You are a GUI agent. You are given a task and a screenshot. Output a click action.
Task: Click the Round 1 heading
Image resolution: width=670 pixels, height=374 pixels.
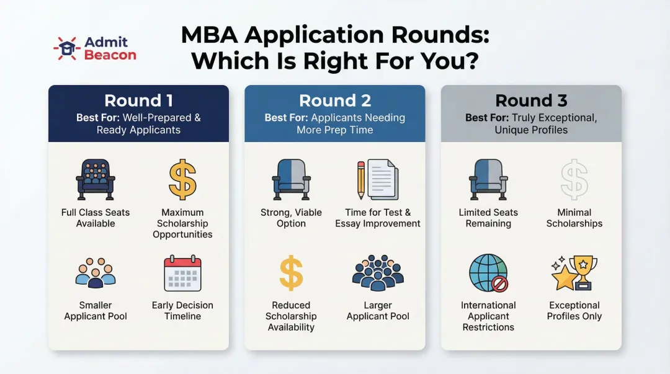pos(138,100)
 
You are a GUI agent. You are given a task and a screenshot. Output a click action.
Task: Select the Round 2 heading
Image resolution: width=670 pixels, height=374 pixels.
pos(334,100)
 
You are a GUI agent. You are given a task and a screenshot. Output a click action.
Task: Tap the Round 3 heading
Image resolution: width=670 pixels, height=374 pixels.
pos(530,100)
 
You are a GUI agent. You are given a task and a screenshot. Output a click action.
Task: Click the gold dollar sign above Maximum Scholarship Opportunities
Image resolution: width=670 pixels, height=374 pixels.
pos(182,179)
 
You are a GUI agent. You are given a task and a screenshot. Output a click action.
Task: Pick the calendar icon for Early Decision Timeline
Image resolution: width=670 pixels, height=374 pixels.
pos(182,274)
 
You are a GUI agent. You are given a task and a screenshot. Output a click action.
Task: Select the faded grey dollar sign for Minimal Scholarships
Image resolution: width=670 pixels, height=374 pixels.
pos(574,179)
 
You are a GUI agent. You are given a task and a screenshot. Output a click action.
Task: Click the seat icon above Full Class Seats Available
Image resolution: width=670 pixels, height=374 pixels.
pos(96,179)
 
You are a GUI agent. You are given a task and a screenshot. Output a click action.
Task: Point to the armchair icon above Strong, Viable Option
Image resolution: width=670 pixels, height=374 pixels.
pos(291,179)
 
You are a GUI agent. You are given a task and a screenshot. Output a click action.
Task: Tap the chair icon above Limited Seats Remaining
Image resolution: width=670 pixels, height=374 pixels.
pos(488,179)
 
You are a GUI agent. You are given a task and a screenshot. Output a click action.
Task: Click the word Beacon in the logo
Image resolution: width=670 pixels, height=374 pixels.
pos(110,55)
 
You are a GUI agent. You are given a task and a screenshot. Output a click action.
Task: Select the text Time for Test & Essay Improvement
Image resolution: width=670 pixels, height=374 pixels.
pos(378,218)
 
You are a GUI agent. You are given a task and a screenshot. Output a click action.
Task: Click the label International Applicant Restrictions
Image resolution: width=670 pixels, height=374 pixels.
pos(488,316)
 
